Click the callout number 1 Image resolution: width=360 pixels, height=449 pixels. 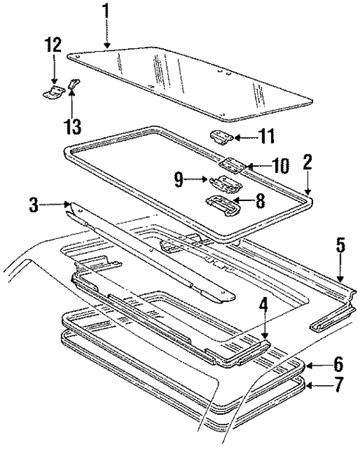click(105, 13)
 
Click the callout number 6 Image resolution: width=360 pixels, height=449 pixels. click(337, 364)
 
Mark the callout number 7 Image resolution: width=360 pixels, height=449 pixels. click(337, 384)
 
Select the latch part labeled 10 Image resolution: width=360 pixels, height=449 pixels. click(232, 165)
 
